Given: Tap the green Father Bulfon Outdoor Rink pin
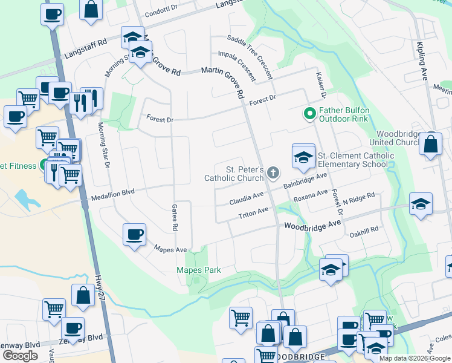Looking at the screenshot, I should [309, 113].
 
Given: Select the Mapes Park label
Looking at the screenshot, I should [198, 270].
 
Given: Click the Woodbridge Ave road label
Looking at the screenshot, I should [312, 224].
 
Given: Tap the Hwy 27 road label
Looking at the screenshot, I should [100, 286].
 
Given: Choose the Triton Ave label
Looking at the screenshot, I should [253, 214].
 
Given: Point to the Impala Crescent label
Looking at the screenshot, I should [241, 64].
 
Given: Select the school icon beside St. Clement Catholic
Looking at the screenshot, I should [303, 156].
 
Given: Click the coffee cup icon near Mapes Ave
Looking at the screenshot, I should [134, 234].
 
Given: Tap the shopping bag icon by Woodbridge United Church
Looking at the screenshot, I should [430, 145].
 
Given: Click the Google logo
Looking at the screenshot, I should [20, 356].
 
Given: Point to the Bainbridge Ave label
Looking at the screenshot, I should [305, 180].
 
